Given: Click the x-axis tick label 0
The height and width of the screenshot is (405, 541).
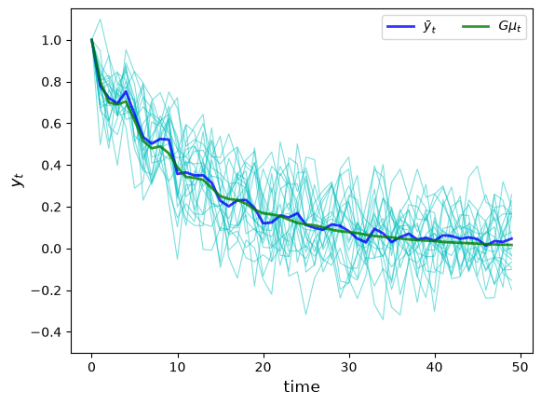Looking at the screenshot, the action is pos(91,367).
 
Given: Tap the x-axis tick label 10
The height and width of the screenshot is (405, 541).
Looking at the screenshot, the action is pos(177,367).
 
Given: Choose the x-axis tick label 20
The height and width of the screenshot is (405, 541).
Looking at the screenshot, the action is pos(264,367).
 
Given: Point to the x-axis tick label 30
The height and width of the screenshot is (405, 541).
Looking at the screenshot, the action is pos(349,367).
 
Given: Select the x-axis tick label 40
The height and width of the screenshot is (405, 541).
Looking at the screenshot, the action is pos(435,367).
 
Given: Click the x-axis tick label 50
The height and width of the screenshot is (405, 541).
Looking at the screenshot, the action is pos(521,367).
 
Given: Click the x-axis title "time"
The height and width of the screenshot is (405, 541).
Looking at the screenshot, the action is pos(302,386).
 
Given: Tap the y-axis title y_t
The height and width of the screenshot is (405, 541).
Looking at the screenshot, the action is pos(18,181).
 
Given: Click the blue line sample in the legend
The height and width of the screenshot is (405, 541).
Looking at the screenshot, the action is pos(400,27).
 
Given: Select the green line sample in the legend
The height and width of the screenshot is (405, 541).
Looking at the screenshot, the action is pos(476,27).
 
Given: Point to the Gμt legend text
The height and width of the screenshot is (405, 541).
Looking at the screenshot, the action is pos(509,27).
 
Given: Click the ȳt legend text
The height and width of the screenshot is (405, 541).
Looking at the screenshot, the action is pos(429,27).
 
